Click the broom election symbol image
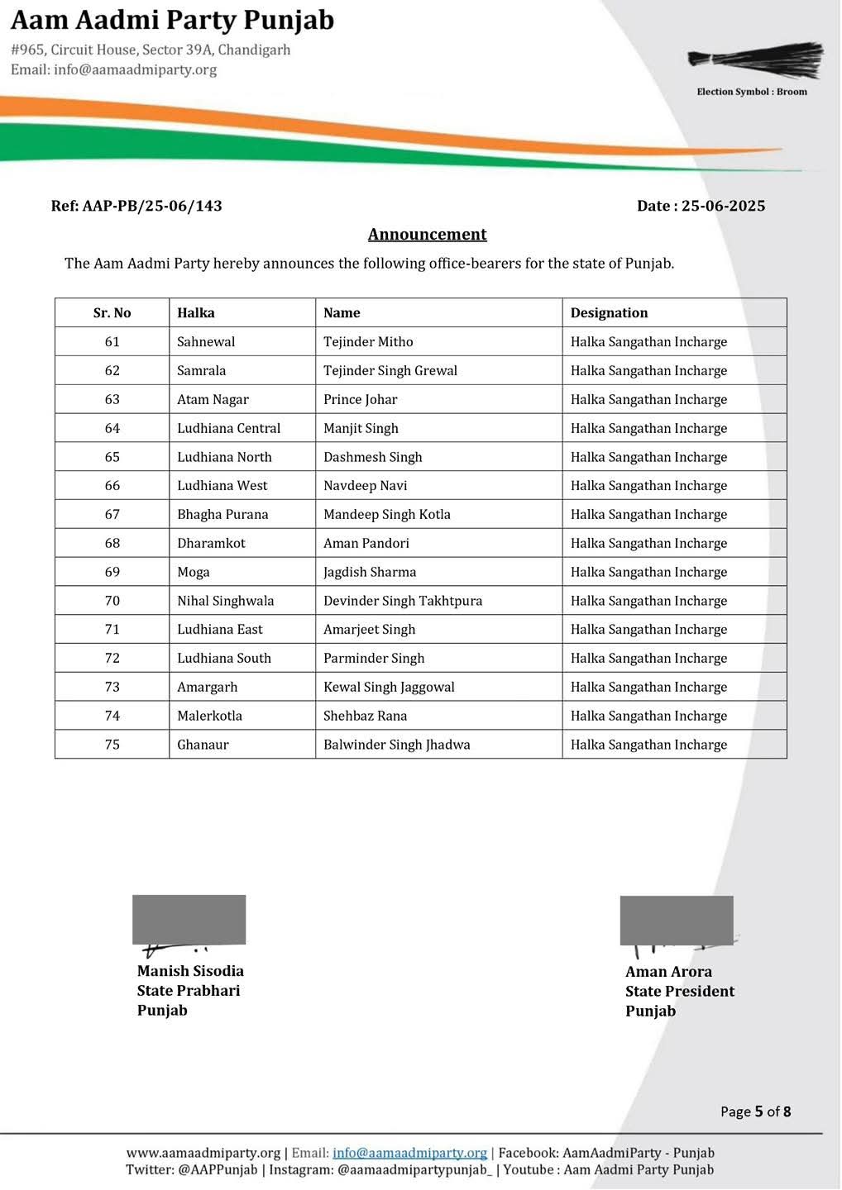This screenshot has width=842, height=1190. (755, 59)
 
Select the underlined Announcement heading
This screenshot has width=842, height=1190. (427, 235)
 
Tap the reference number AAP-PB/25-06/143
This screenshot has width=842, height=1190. (152, 206)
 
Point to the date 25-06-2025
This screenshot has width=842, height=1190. (723, 206)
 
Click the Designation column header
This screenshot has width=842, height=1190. (609, 313)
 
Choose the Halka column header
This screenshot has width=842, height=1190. (196, 313)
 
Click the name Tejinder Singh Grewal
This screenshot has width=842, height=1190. (390, 370)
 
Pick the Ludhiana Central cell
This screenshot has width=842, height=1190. (228, 428)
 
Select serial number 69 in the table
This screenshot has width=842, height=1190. (112, 572)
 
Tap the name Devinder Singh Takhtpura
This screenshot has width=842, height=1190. (402, 601)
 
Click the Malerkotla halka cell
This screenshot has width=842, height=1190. (209, 716)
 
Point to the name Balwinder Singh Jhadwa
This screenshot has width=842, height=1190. (396, 745)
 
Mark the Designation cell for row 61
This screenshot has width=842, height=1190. (648, 342)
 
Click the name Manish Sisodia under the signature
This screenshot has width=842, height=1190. (190, 971)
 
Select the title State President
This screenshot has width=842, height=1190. (679, 992)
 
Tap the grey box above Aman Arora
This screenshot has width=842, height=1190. (677, 920)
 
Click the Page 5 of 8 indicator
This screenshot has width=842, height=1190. (755, 1111)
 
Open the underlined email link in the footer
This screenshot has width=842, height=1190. (409, 1153)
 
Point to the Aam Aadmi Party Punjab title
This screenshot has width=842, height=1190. (173, 20)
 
